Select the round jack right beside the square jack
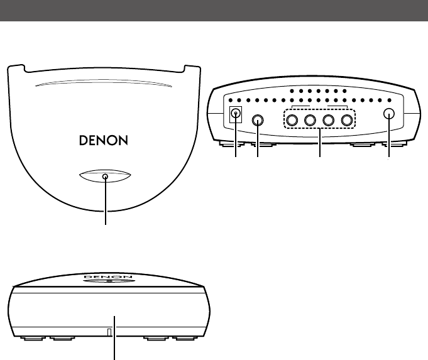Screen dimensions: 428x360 tap(258, 120)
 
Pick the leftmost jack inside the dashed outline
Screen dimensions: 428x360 tap(292, 120)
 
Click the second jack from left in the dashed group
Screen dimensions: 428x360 tap(310, 120)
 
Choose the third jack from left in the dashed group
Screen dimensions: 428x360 tap(327, 120)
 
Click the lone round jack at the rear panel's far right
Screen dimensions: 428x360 tap(389, 115)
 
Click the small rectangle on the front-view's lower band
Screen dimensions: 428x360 tap(108, 332)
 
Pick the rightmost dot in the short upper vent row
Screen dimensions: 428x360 tap(345, 91)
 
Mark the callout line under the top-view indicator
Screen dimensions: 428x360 tap(105, 204)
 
